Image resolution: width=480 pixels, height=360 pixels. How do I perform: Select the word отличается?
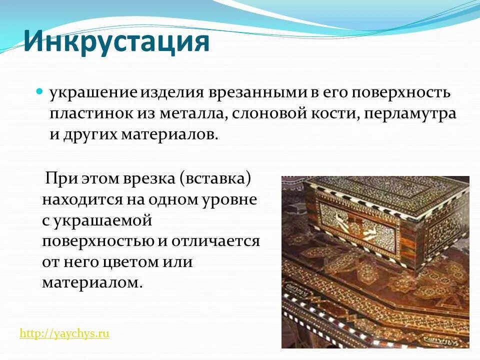(216, 241)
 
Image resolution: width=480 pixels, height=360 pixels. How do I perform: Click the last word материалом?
(92, 283)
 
